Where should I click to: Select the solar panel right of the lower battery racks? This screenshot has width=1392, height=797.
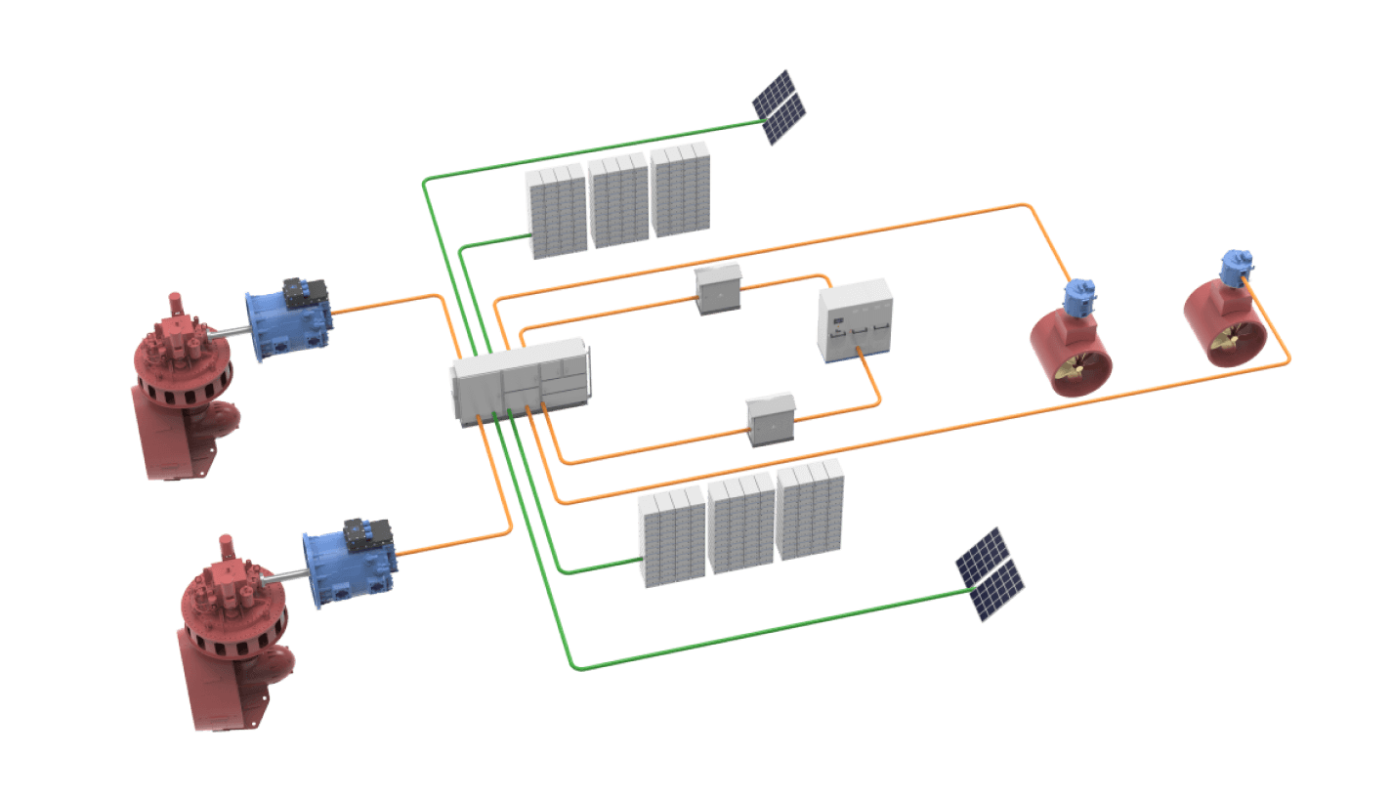[990, 574]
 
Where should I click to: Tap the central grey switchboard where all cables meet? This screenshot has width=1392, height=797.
[520, 379]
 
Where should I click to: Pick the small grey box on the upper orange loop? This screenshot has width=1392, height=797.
[719, 288]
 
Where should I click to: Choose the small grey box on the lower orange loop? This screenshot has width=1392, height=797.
[771, 419]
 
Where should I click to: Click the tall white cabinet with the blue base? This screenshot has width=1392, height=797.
[855, 321]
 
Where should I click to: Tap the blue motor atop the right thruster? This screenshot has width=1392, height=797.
[1236, 267]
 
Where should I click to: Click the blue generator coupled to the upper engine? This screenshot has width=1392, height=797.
[282, 323]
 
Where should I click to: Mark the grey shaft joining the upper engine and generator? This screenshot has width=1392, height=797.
[227, 334]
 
